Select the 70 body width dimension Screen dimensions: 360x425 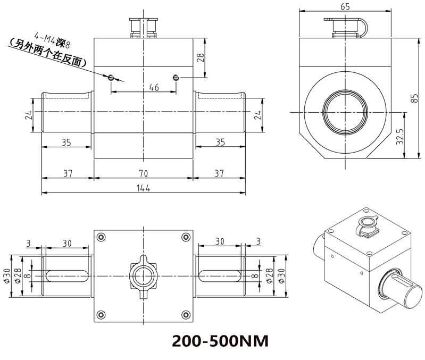(144, 173)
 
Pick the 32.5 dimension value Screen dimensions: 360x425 (400, 136)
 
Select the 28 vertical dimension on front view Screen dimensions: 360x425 (201, 57)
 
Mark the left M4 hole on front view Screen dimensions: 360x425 (111, 78)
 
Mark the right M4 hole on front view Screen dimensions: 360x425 (176, 78)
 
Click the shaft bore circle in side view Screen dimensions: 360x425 (345, 112)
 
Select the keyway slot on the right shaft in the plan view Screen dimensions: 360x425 (220, 274)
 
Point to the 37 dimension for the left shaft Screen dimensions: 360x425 (68, 173)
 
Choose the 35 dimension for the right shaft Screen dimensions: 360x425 (220, 142)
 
